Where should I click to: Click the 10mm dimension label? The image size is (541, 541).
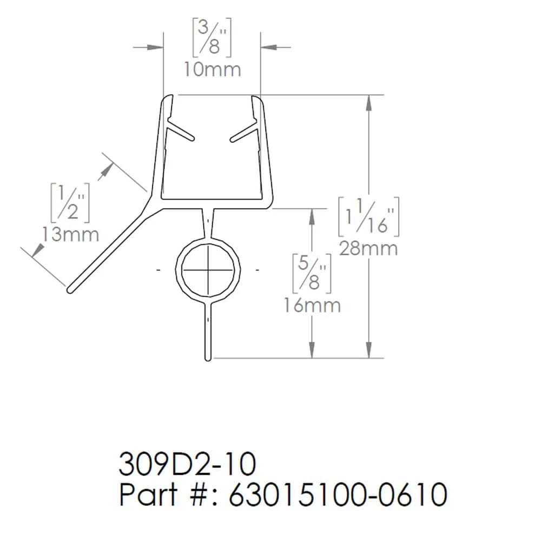[212, 70]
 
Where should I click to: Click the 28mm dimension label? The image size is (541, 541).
[368, 249]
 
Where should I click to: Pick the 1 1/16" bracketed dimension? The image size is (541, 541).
[368, 216]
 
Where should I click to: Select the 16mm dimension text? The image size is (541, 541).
[312, 306]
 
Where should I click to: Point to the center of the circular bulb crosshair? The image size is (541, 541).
[208, 269]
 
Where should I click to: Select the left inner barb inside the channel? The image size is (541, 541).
[181, 131]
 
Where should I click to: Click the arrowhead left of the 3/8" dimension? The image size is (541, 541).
[157, 48]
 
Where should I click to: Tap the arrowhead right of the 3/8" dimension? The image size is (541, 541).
[267, 48]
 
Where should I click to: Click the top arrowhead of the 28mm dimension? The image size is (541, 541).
[369, 101]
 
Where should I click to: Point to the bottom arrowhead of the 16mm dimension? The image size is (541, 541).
[312, 352]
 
